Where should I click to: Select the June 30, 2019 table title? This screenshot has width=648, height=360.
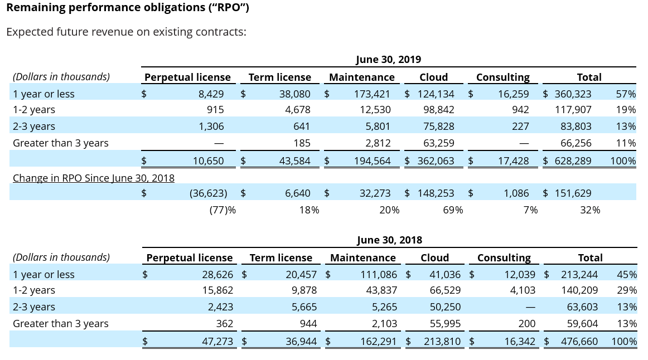[388, 59]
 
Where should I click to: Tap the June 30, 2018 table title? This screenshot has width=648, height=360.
[389, 240]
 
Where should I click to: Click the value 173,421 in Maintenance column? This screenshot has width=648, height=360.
[372, 94]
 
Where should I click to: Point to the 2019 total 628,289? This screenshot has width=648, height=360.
[573, 161]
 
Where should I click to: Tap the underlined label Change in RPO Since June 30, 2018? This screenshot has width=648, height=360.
[94, 178]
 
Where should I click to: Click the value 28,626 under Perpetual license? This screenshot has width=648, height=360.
[217, 274]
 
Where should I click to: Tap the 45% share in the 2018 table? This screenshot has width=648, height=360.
[627, 274]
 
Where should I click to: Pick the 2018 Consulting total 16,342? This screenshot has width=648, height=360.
[520, 342]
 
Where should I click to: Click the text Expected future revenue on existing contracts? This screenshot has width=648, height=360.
[126, 32]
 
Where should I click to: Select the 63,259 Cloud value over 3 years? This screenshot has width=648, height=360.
[438, 143]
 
